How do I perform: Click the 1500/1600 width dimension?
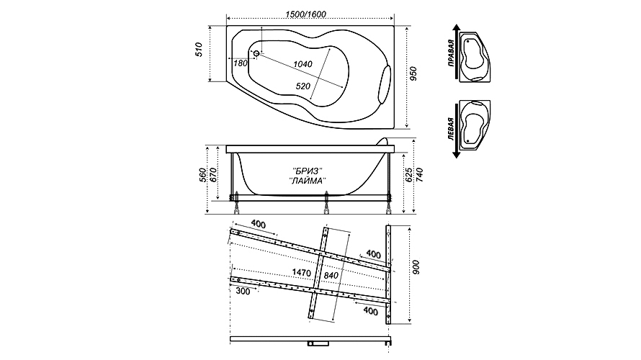pos(306,14)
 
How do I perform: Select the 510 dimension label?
pos(199,50)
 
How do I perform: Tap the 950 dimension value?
pos(413,73)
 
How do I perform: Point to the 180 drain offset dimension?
pos(241,63)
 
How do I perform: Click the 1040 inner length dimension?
pos(302,64)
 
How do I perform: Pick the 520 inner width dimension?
pos(303,86)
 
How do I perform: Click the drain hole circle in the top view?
pos(256,53)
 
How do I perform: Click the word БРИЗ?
pos(308,170)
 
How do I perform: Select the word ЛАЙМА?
pos(308,180)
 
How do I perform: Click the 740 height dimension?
pos(420,175)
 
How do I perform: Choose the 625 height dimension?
pos(410,175)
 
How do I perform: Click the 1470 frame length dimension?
pos(302,272)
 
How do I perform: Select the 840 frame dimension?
pos(331,276)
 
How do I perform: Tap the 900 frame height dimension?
pos(416,268)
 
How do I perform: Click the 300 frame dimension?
pos(243,292)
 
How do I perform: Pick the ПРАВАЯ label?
pos(450,53)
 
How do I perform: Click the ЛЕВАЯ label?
pos(450,129)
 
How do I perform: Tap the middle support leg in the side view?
pos(326,202)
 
